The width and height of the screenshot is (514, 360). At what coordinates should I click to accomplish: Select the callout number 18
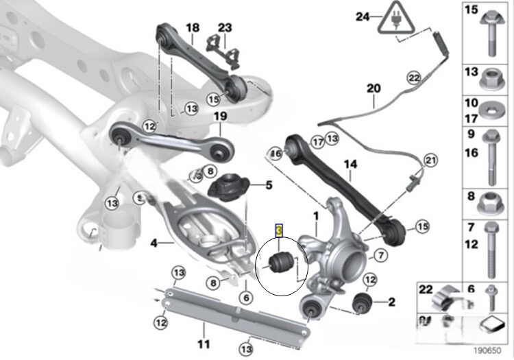pos(193,28)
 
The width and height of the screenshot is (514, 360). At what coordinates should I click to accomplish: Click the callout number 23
pos(225,28)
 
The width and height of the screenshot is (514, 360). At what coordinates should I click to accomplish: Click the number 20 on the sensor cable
pos(373,88)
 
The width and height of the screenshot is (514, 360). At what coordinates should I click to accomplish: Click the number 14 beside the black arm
pos(350,165)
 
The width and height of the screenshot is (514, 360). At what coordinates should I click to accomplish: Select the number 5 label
pos(269,185)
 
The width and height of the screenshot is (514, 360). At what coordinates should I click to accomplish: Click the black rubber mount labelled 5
pos(225,187)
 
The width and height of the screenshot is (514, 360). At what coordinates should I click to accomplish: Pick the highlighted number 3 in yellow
pos(279,230)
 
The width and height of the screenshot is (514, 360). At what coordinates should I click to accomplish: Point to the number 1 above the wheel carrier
pos(316,216)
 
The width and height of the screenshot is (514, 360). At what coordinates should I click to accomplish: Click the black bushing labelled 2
pos(361,302)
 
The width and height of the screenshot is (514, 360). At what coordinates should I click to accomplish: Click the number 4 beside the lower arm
pos(154,242)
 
